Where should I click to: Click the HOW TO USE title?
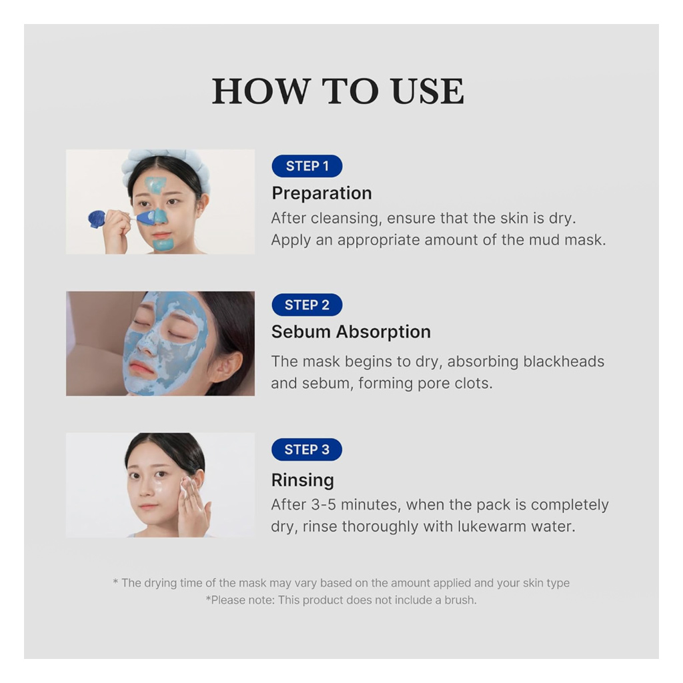coord(337,92)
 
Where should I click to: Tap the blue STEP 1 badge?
coord(307,166)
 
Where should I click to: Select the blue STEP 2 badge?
coord(307,305)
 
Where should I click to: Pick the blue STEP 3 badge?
coord(307,450)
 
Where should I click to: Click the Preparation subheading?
coord(321,193)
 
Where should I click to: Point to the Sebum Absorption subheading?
coord(351,332)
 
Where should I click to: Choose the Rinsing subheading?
coord(302,480)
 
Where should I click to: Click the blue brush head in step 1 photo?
coord(97,219)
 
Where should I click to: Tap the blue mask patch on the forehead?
coord(155,183)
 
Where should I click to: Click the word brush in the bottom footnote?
coord(460,600)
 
